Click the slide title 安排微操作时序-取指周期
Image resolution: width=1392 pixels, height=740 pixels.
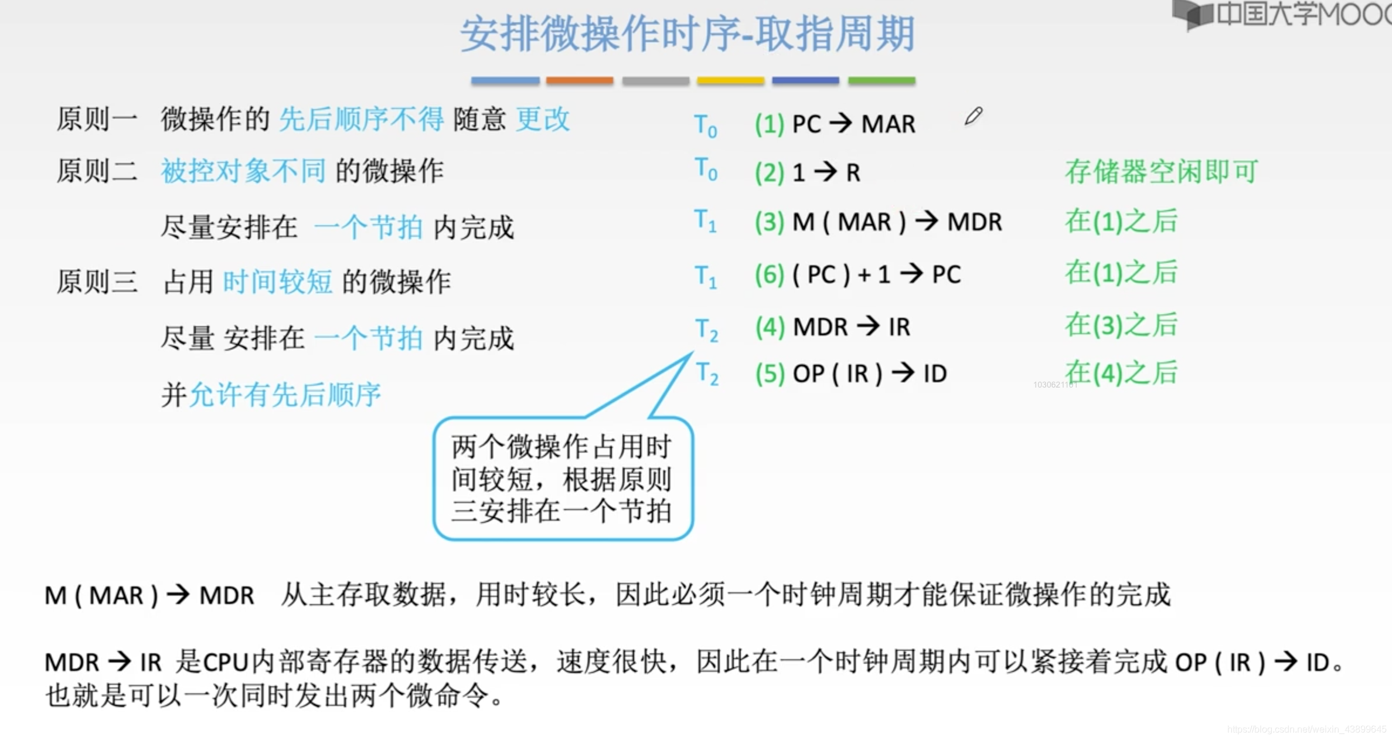[687, 34]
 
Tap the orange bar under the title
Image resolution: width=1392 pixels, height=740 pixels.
[580, 81]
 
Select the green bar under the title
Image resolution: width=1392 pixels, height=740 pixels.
[882, 81]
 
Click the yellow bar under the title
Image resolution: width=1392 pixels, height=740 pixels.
[730, 81]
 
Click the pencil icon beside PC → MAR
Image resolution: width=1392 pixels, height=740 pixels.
[973, 116]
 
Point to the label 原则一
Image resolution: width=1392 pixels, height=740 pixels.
[97, 119]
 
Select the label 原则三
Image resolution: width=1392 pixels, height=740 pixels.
[97, 281]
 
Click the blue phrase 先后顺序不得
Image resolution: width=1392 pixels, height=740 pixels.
[361, 119]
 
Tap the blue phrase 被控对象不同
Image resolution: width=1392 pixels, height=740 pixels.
[243, 171]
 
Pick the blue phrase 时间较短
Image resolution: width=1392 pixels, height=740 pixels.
[277, 281]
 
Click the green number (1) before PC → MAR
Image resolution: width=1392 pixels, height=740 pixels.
[769, 124]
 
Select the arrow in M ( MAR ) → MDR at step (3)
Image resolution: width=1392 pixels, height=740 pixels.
[927, 222]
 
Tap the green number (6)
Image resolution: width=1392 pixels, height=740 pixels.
[769, 274]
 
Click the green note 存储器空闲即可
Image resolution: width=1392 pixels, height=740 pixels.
[1161, 171]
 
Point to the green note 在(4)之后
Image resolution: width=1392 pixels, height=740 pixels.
[1121, 373]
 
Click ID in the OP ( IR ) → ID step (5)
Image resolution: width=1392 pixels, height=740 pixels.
[935, 374]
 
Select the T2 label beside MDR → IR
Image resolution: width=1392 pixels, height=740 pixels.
[706, 329]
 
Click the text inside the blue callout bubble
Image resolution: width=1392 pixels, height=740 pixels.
[561, 479]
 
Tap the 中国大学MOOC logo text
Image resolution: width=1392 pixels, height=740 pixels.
[1301, 14]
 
